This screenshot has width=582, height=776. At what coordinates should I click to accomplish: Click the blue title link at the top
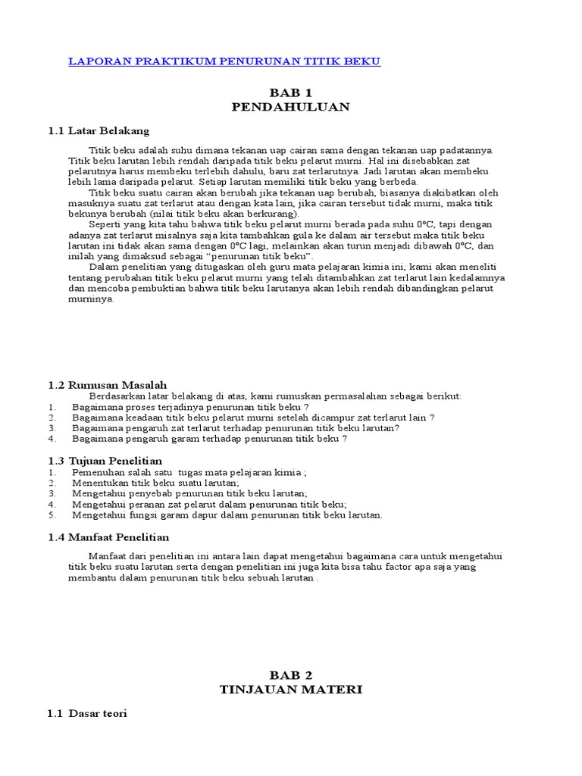pos(224,61)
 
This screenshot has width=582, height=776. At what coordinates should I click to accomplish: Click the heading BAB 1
pos(290,92)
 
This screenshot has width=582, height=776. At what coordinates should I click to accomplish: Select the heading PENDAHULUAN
pos(290,107)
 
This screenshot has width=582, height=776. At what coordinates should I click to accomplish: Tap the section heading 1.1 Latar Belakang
pos(99,131)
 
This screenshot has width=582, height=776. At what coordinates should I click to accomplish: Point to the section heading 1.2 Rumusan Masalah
pos(107,385)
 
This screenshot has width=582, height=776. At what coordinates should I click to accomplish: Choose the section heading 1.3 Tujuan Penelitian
pos(104,461)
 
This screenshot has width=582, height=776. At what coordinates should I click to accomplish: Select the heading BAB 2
pos(290,674)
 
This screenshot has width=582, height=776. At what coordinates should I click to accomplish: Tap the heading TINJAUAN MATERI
pos(290,689)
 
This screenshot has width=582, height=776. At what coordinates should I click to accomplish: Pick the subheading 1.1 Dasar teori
pos(89,713)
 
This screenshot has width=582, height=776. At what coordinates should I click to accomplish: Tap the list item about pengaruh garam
pos(210,439)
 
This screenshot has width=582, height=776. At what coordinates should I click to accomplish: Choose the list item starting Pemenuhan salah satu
pos(189,472)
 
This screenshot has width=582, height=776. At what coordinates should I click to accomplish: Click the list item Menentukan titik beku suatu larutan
pos(155,483)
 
